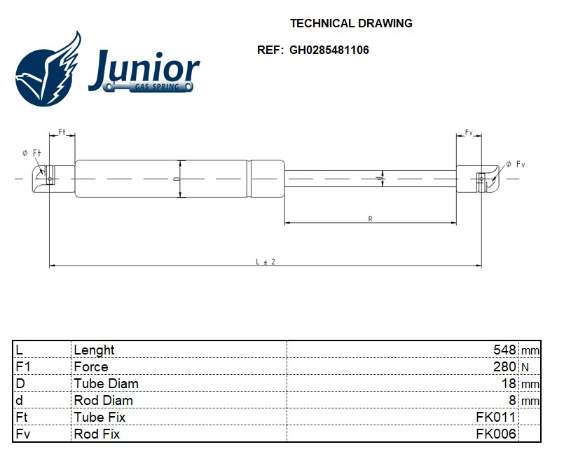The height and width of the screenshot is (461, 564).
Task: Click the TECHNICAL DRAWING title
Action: [351, 23]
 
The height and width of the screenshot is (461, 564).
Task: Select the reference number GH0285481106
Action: [329, 50]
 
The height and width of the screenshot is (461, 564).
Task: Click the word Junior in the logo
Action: [144, 69]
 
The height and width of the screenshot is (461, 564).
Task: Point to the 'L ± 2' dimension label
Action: [265, 261]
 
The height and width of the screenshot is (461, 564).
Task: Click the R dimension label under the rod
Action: [370, 219]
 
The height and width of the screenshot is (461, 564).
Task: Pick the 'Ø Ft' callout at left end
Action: [32, 153]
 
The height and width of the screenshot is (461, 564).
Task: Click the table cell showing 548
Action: [504, 350]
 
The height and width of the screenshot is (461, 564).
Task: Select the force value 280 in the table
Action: [504, 366]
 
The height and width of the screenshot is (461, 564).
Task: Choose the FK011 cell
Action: [496, 417]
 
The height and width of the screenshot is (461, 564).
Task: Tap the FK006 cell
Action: [496, 434]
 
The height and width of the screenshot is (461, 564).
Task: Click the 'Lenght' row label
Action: [94, 350]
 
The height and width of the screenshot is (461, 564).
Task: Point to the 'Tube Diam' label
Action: [106, 383]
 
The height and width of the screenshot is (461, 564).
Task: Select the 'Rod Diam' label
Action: [103, 400]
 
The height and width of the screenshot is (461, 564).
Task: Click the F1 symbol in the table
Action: [22, 366]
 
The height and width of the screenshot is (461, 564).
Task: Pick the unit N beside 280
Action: [525, 366]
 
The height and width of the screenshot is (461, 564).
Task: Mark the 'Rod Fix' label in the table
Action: [97, 434]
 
